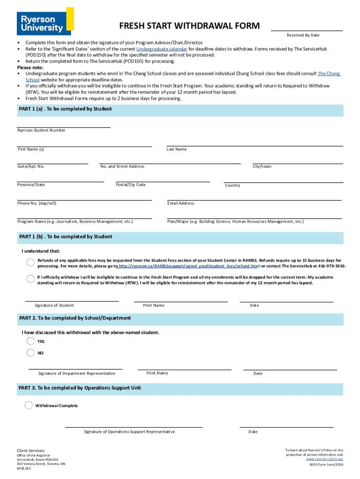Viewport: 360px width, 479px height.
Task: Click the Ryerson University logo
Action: pos(45,21)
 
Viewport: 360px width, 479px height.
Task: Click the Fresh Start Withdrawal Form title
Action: pos(189,26)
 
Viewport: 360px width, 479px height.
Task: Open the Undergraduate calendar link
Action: pos(162,49)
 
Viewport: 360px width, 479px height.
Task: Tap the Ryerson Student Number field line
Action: pos(64,127)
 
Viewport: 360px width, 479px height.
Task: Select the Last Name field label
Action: pos(176,149)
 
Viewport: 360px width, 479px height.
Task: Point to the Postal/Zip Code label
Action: pos(130,185)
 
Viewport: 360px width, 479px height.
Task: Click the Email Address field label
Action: pos(180,203)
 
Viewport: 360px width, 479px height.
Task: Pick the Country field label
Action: pos(232,186)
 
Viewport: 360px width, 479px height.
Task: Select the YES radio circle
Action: pos(31,341)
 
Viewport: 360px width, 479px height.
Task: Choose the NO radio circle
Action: pos(31,353)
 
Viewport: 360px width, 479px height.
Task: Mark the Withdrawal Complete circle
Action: pos(29,405)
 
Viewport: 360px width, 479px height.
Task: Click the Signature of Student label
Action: pos(54,305)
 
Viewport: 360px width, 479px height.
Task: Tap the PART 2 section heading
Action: pos(75,318)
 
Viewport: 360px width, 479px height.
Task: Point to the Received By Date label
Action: pos(303,36)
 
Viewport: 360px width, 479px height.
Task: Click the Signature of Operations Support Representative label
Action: pos(130,432)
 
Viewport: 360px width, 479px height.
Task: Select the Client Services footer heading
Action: pos(31,450)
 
